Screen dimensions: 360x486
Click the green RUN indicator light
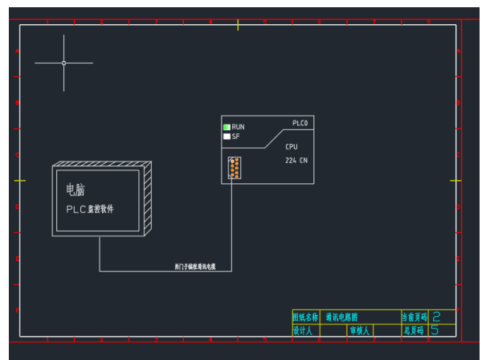coord(227,127)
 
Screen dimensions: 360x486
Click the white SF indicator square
coord(227,137)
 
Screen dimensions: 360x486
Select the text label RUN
coord(239,127)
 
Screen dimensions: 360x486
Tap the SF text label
coord(236,137)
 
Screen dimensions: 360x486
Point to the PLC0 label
coord(300,123)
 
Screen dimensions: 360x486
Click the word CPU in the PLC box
coord(292,147)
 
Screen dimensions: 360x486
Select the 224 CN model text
coord(296,161)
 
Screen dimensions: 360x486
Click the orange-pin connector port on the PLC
coord(234,167)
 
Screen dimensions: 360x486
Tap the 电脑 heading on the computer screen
coord(76,190)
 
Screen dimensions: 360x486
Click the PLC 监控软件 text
coord(90,208)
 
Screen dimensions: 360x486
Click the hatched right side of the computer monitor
coord(146,198)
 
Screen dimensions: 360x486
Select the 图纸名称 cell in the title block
coord(305,317)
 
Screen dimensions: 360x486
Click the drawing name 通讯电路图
coord(342,317)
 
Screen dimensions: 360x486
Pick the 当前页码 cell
coord(415,317)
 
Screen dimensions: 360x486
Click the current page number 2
coord(436,317)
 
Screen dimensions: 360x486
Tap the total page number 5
coord(435,329)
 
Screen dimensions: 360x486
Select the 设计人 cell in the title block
coord(303,330)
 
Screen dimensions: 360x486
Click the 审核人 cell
coord(359,330)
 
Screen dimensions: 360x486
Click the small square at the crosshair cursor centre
coord(64,63)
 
